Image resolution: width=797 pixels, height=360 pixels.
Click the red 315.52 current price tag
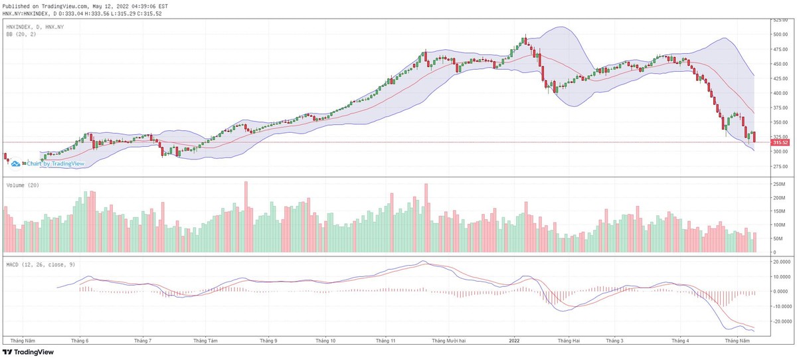(780, 142)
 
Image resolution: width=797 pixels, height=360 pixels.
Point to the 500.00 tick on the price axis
(780, 35)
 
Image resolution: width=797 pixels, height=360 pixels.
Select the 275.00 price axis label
(780, 166)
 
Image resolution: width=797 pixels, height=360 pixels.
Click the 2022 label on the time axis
(514, 340)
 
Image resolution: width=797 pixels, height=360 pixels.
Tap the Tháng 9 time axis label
(268, 340)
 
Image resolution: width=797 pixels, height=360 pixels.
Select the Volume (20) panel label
(21, 185)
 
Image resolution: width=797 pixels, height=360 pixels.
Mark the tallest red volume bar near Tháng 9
(246, 217)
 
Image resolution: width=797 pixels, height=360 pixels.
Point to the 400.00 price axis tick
(780, 93)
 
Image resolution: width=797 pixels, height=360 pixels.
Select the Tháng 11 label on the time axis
(386, 340)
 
